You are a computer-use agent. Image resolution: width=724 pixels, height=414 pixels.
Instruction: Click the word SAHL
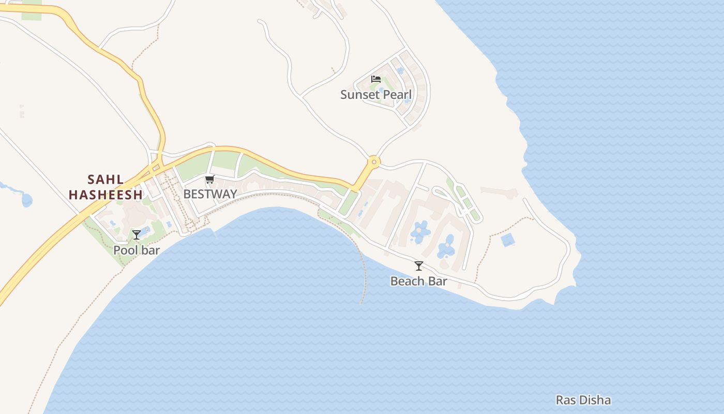tap(105, 180)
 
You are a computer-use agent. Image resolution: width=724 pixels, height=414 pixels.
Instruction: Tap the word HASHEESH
tap(105, 195)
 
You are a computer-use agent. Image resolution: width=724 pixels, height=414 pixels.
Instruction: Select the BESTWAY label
tap(210, 194)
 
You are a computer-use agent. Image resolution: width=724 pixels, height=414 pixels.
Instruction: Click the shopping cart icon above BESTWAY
tap(209, 180)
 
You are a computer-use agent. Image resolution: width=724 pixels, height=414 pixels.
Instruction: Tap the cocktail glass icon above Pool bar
tap(137, 235)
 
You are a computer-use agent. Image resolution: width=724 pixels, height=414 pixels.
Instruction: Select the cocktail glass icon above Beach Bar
tap(419, 266)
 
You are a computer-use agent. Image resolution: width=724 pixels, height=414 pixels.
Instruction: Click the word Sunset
tap(359, 95)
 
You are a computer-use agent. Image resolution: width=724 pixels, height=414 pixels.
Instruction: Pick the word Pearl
tap(397, 95)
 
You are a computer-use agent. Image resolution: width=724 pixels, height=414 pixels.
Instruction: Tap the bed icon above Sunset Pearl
tap(376, 79)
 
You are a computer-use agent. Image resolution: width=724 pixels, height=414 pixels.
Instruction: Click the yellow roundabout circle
tap(373, 162)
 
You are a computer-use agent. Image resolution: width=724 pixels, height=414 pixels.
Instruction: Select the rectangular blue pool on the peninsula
tap(508, 240)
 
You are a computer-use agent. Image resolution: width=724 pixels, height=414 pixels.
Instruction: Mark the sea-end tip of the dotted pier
tap(361, 303)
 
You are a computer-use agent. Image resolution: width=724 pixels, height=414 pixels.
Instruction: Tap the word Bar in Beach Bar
tap(438, 282)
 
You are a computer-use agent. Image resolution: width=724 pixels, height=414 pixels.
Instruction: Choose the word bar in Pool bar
tap(150, 250)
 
